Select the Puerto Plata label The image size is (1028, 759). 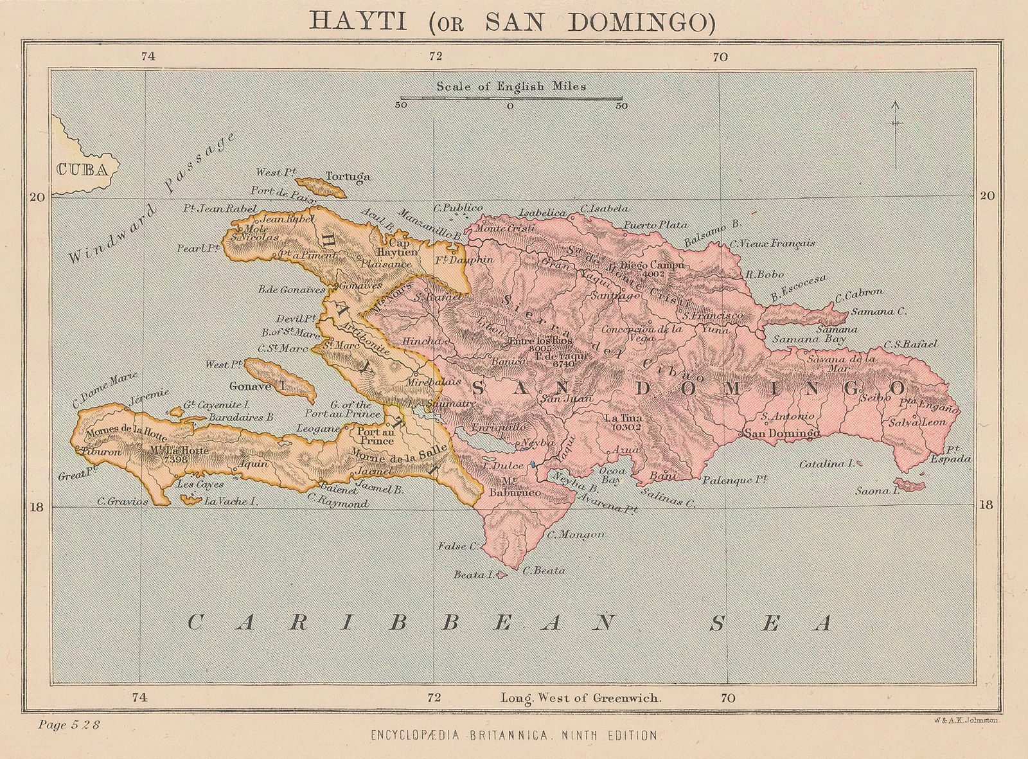[x=655, y=226]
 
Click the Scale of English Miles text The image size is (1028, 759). [x=511, y=85]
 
